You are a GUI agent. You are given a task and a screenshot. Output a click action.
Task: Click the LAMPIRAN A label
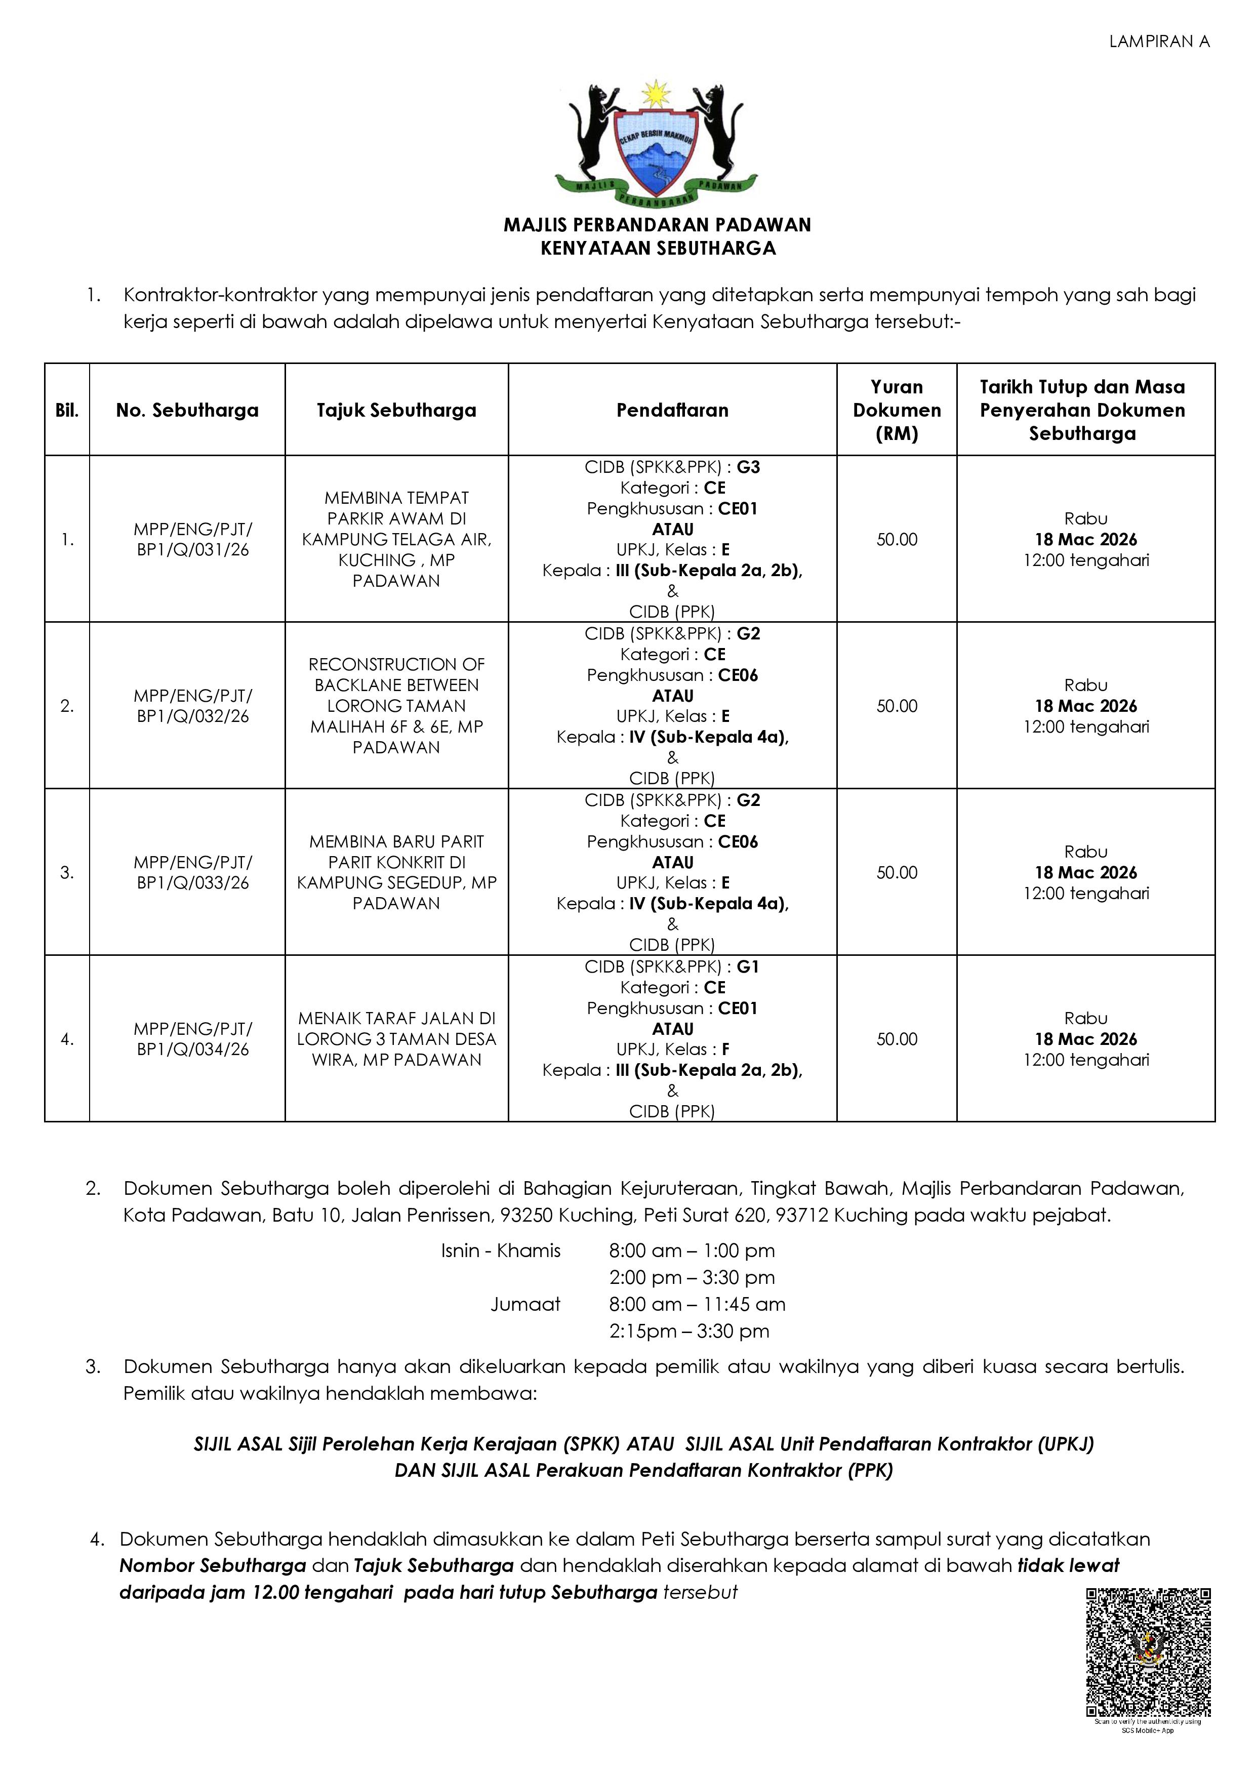coord(1159,42)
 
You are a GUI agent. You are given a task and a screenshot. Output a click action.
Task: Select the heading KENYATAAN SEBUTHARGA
coord(658,248)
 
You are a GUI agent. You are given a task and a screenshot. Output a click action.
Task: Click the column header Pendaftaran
coord(672,410)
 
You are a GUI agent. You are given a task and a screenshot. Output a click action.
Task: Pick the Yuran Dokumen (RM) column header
coord(897,410)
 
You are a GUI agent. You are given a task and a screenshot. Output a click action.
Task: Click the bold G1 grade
coord(748,967)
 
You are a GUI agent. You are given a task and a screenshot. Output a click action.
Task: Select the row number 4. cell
coord(67,1039)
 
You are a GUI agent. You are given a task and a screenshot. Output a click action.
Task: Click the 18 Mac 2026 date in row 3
coord(1086,872)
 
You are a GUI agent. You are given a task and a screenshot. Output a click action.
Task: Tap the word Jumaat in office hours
coord(525,1304)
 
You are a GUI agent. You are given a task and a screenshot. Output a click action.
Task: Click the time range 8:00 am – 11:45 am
coord(697,1304)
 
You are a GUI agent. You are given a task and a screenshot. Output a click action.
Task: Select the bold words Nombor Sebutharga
coord(213,1565)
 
